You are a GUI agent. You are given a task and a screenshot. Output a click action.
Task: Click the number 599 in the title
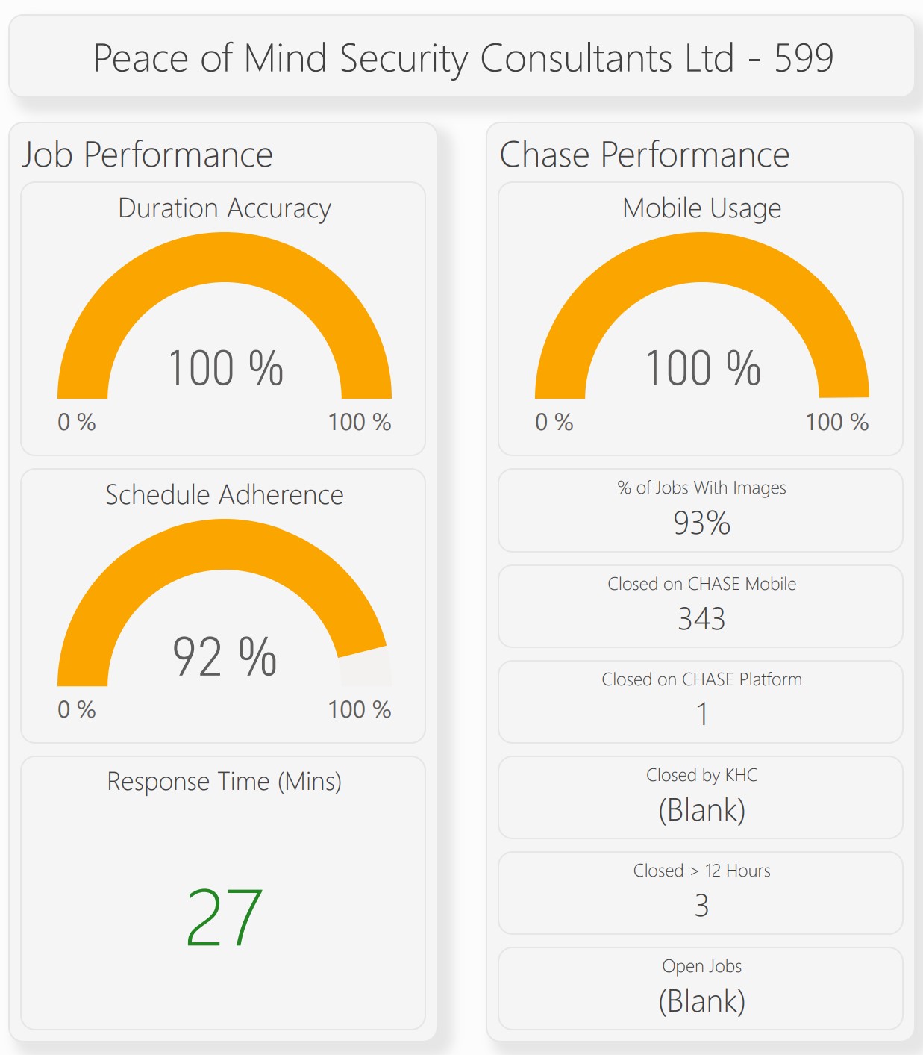(x=804, y=58)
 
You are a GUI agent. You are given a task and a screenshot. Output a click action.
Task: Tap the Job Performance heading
(x=147, y=155)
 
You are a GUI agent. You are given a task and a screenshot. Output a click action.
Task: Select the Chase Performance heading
(x=644, y=155)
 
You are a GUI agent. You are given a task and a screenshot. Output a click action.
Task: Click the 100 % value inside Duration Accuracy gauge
(x=225, y=368)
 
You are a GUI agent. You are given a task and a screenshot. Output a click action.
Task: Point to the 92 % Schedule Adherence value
(x=225, y=656)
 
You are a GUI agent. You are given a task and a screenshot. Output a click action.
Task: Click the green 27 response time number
(x=224, y=918)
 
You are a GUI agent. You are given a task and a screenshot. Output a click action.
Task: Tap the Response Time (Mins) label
(x=224, y=782)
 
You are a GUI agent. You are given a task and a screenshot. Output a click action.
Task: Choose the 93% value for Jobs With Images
(x=701, y=523)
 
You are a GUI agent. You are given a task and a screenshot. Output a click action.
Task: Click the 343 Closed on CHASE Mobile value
(x=701, y=619)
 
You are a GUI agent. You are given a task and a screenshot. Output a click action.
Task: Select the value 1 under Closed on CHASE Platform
(x=702, y=715)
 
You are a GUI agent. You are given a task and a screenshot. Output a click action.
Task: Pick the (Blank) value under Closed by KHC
(x=701, y=810)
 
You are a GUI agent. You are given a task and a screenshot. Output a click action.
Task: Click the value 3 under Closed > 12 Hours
(x=701, y=906)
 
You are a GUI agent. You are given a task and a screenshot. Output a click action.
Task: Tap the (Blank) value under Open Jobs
(x=701, y=1001)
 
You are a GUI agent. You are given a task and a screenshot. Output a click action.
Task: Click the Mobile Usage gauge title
(x=701, y=208)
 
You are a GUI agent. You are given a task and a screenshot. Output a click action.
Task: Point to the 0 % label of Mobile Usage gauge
(x=554, y=423)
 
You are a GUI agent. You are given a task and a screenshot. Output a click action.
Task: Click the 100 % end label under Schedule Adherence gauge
(x=360, y=709)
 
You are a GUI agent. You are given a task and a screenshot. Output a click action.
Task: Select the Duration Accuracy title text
(x=224, y=208)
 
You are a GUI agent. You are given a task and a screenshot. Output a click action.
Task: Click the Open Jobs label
(x=701, y=966)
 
